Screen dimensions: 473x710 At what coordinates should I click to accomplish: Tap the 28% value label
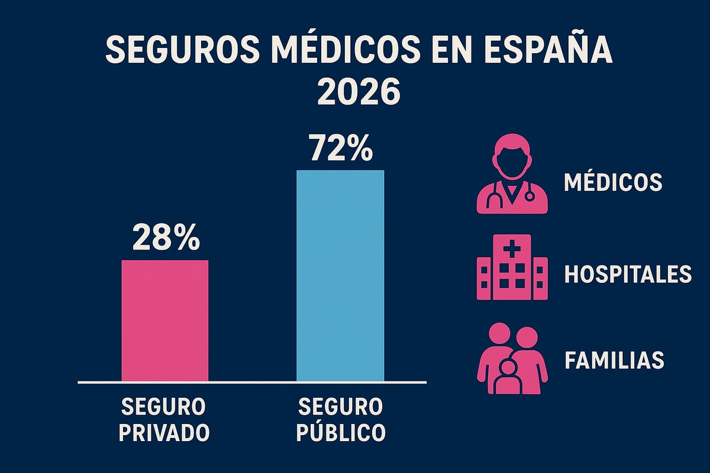click(165, 238)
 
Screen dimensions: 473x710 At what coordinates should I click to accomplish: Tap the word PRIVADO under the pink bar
click(164, 432)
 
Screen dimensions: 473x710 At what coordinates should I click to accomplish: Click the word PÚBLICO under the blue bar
click(341, 432)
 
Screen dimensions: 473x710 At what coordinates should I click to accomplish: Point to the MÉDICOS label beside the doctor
click(613, 182)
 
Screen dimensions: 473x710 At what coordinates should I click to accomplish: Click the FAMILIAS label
click(614, 360)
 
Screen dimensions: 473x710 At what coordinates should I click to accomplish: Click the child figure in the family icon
click(507, 378)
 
